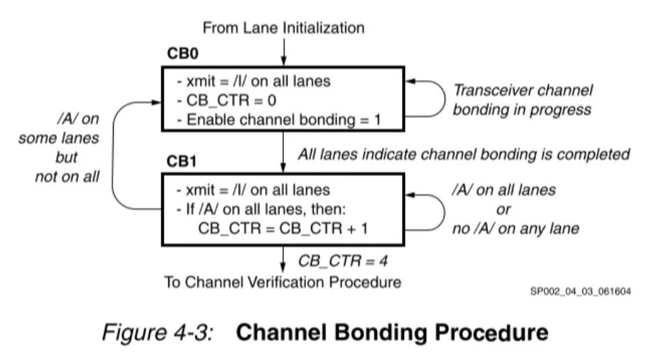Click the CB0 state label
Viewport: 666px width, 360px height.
pyautogui.click(x=181, y=55)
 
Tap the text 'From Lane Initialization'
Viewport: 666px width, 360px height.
pyautogui.click(x=283, y=28)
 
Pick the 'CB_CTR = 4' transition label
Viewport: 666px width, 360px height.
pyautogui.click(x=342, y=260)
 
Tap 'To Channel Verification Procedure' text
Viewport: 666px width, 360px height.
pyautogui.click(x=283, y=282)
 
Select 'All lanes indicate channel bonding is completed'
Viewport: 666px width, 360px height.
pyautogui.click(x=464, y=153)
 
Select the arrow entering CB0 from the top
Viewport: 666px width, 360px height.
pyautogui.click(x=284, y=51)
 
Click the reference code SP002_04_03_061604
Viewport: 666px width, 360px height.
pyautogui.click(x=581, y=291)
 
